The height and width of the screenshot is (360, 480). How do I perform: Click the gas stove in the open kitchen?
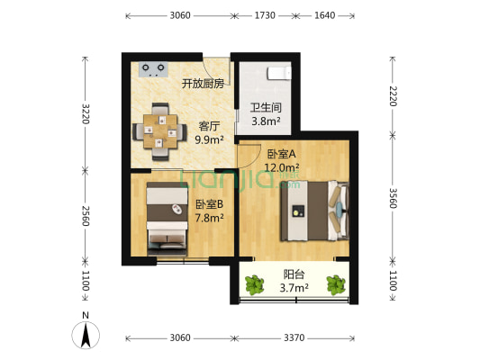(154, 67)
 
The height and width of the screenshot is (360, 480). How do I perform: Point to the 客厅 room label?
(210, 126)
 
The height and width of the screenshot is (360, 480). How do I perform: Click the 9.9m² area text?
(210, 139)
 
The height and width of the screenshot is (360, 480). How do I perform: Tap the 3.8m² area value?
(265, 121)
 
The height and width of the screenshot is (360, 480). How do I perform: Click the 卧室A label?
(281, 154)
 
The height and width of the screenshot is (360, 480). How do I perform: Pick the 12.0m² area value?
(281, 167)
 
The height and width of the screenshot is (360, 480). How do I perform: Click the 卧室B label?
(210, 203)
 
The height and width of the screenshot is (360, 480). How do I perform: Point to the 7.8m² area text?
(210, 217)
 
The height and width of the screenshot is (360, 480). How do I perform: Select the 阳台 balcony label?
(294, 275)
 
